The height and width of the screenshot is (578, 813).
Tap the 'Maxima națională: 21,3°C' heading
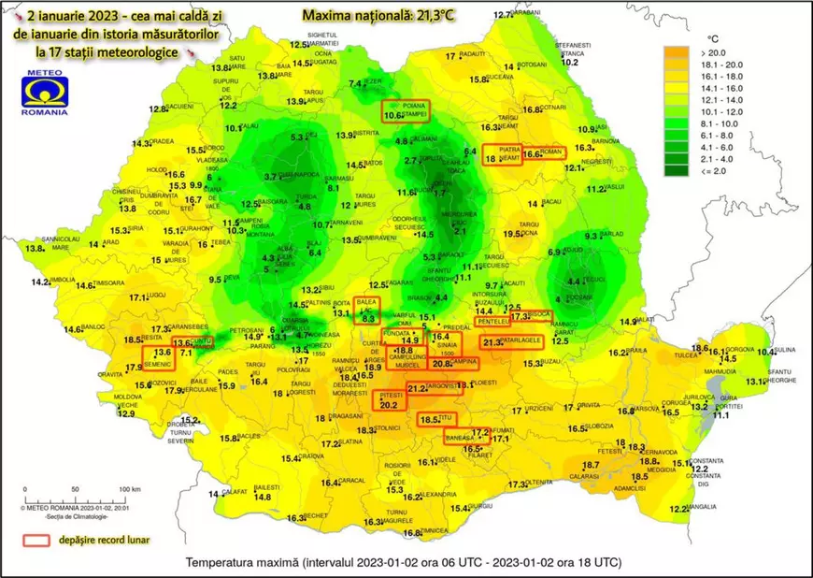[x=372, y=16]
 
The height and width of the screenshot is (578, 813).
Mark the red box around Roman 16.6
[x=545, y=153]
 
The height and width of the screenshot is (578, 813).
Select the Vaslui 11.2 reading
[x=600, y=189]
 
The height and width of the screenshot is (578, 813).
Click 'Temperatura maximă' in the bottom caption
[x=236, y=563]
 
